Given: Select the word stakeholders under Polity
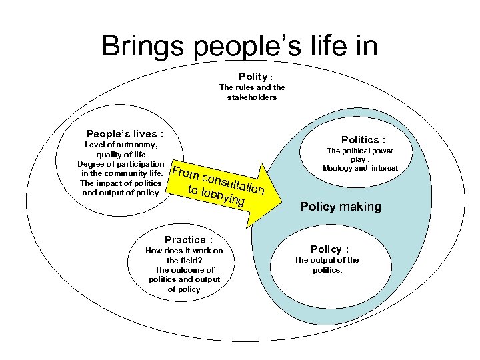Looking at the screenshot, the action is (x=252, y=97).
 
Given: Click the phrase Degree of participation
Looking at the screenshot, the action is (x=121, y=164).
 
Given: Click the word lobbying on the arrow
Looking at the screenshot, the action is (x=224, y=195).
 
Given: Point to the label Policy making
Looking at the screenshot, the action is (x=341, y=207).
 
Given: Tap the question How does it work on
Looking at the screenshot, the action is (x=184, y=251).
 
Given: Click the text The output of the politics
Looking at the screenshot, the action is (x=327, y=265).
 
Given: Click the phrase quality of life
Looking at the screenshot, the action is (x=121, y=155).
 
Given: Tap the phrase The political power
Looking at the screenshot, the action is (x=359, y=151).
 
